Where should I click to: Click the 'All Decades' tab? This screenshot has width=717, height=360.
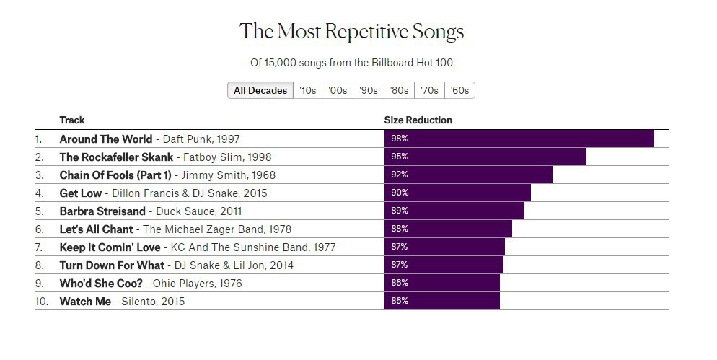click(x=260, y=90)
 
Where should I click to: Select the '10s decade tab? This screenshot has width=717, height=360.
click(x=308, y=90)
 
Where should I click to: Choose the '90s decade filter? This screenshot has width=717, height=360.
click(x=369, y=90)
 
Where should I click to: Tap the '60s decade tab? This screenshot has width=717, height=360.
click(x=459, y=90)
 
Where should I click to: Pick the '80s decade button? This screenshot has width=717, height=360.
click(x=399, y=90)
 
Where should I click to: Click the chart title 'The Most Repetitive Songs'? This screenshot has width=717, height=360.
click(x=352, y=32)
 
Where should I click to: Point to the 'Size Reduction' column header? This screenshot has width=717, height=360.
click(x=418, y=120)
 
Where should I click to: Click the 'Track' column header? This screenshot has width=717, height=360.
click(x=72, y=120)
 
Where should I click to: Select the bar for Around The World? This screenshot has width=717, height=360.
click(x=519, y=139)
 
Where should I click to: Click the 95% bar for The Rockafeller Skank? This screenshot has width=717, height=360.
click(x=485, y=157)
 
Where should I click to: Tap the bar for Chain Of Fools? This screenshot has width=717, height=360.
click(x=468, y=175)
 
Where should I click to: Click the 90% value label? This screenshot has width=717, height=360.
click(x=400, y=193)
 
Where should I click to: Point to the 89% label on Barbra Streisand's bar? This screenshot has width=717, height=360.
click(x=400, y=211)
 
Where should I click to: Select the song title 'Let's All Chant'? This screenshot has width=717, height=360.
click(x=96, y=229)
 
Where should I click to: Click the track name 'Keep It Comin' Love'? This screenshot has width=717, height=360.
click(x=110, y=247)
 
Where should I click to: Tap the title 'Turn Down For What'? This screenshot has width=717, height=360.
click(x=112, y=265)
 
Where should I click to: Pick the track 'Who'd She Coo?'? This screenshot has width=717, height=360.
click(x=100, y=283)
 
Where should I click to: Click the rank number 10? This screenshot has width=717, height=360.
click(x=41, y=301)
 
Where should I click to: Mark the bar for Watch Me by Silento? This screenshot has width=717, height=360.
click(x=441, y=301)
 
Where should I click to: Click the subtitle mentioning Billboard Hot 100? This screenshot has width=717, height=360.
click(x=352, y=63)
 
